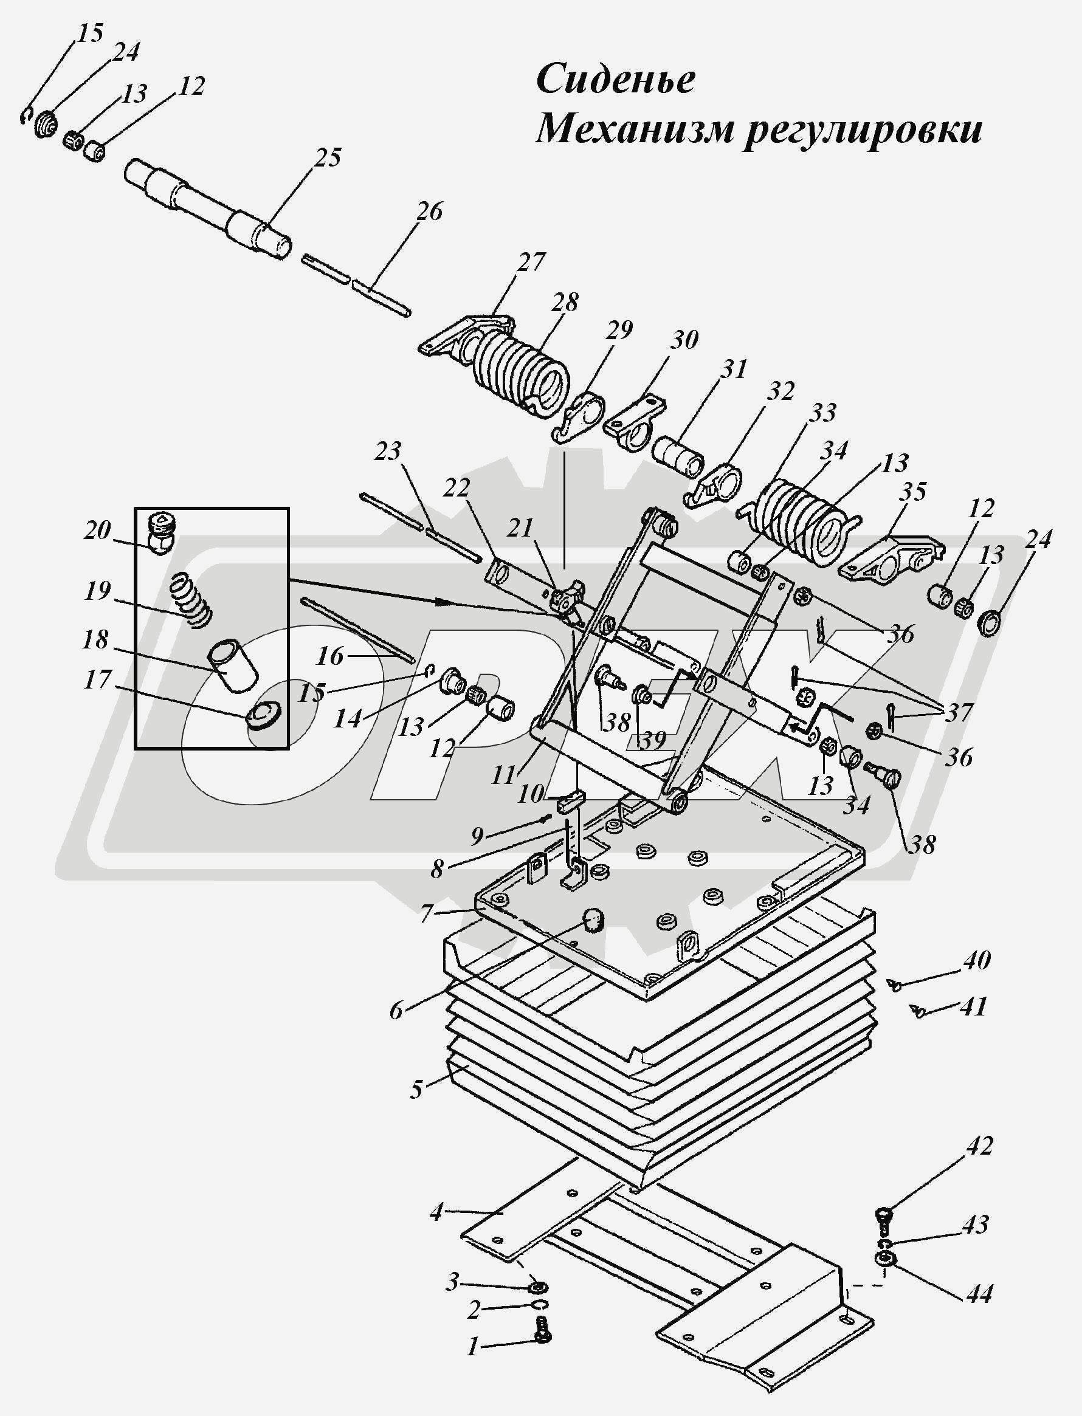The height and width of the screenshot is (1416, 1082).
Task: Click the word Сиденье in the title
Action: coord(615,80)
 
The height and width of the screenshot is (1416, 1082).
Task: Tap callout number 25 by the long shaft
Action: coord(328,157)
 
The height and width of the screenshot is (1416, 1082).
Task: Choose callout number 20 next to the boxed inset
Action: coord(97,530)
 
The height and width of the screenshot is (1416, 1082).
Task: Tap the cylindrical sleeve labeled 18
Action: coord(231,664)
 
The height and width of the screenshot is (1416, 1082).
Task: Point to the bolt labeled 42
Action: coord(884,1215)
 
